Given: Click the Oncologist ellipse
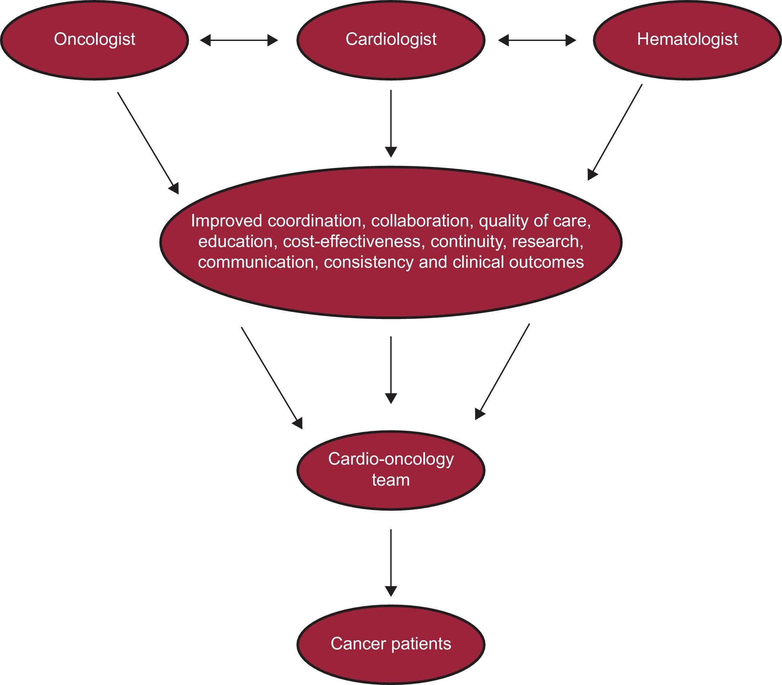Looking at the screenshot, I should pyautogui.click(x=94, y=40).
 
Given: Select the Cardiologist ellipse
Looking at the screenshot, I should pyautogui.click(x=391, y=40).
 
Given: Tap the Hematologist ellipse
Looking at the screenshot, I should pyautogui.click(x=687, y=40).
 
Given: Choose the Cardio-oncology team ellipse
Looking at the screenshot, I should pyautogui.click(x=391, y=470).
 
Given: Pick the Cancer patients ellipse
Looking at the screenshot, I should pyautogui.click(x=391, y=644).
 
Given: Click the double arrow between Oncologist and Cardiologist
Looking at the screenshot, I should pyautogui.click(x=239, y=40).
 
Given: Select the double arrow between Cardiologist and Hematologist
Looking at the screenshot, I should pyautogui.click(x=537, y=40).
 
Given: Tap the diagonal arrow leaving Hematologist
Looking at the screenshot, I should pyautogui.click(x=615, y=132).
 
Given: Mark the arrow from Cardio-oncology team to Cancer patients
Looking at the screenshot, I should pyautogui.click(x=391, y=562).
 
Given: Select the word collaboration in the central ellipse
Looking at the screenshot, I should pyautogui.click(x=420, y=221).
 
